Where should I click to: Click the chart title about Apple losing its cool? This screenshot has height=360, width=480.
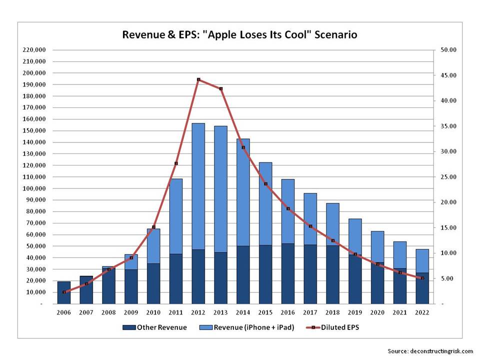(x=240, y=35)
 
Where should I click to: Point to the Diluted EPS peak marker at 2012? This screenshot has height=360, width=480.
(x=198, y=79)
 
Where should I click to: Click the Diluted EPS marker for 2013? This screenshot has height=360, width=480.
(x=221, y=88)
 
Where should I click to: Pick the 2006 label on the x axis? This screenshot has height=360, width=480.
(x=64, y=312)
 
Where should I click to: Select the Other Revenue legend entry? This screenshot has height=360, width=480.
(x=155, y=327)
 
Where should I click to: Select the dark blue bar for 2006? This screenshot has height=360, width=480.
(x=64, y=292)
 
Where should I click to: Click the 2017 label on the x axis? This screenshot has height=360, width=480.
(x=310, y=312)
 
